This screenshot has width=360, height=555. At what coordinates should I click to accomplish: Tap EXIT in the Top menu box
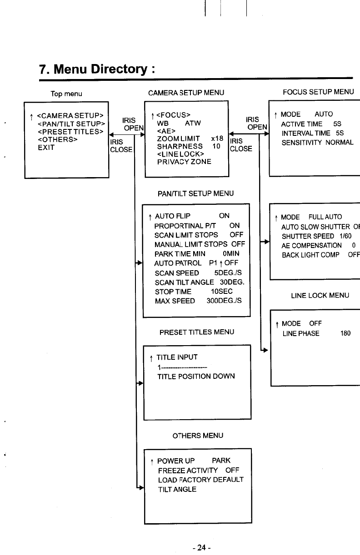46,148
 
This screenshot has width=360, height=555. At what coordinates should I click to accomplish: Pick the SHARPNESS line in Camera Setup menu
180,147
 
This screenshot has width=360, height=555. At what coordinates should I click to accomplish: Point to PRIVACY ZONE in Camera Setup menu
184,162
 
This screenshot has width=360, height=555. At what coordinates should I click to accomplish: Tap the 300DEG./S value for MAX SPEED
224,301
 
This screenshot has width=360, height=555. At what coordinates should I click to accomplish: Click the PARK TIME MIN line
180,253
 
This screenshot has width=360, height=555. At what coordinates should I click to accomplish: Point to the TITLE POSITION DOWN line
196,377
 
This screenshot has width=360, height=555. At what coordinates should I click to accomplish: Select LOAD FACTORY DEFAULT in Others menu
200,480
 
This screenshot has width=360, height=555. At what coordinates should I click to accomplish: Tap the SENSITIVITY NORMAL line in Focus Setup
317,143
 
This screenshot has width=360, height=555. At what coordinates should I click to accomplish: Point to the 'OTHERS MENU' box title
198,436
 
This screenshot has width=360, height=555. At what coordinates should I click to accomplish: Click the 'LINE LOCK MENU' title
320,296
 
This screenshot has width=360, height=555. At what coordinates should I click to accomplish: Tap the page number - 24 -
200,548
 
